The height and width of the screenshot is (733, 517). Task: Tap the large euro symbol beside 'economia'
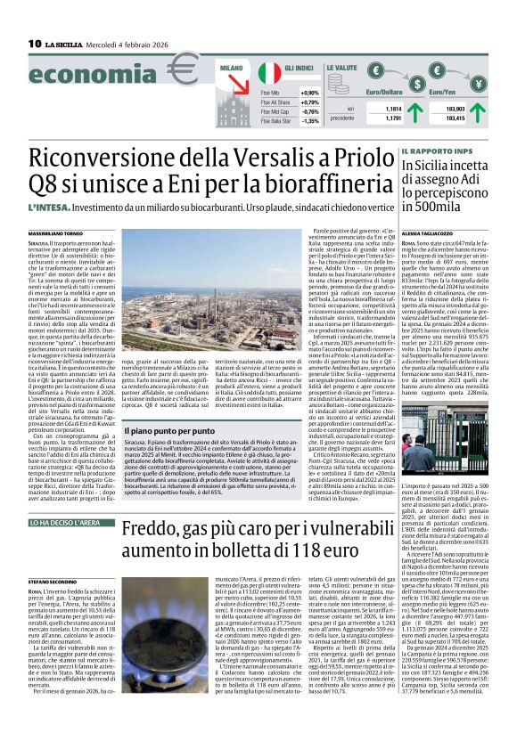pos(182,75)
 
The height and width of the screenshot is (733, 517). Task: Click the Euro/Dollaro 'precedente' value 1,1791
pos(392,117)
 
